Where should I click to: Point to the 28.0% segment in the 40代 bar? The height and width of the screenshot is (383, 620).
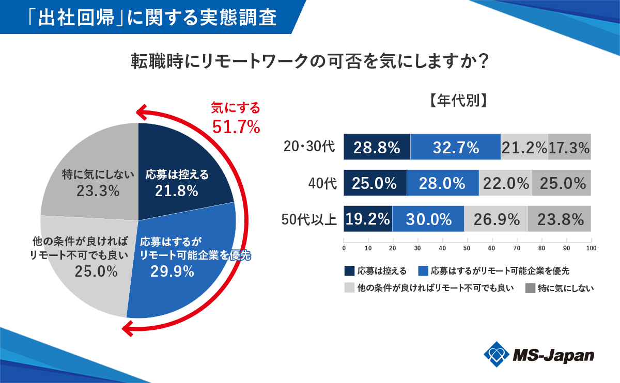[x=443, y=183]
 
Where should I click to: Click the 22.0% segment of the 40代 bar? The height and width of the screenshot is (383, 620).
[x=505, y=183]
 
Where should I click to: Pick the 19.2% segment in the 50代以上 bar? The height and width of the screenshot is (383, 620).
[x=368, y=219]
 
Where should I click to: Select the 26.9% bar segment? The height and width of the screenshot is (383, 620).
[x=496, y=219]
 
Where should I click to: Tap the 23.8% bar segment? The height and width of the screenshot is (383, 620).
[x=560, y=219]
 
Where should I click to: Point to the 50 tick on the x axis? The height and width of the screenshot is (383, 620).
[x=467, y=248]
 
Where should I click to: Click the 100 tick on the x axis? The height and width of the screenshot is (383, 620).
[x=591, y=248]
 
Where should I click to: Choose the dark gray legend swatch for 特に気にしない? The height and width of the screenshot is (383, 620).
[x=530, y=288]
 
